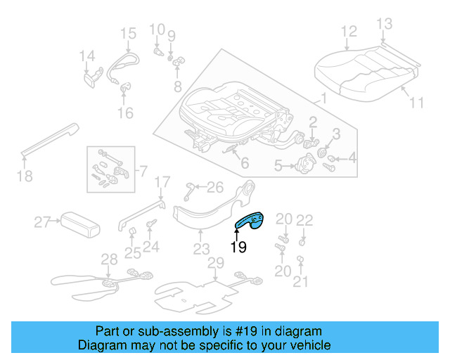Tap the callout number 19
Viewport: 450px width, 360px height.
point(238,247)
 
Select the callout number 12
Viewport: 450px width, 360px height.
point(349,31)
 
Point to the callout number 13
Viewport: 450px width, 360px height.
point(383,24)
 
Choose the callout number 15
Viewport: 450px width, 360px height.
point(128,33)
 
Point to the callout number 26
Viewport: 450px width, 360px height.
point(214,187)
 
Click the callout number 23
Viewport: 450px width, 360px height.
point(202,249)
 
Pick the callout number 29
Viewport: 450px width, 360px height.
point(216,263)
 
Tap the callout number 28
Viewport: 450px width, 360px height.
point(108,259)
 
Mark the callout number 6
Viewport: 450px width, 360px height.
point(244,163)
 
